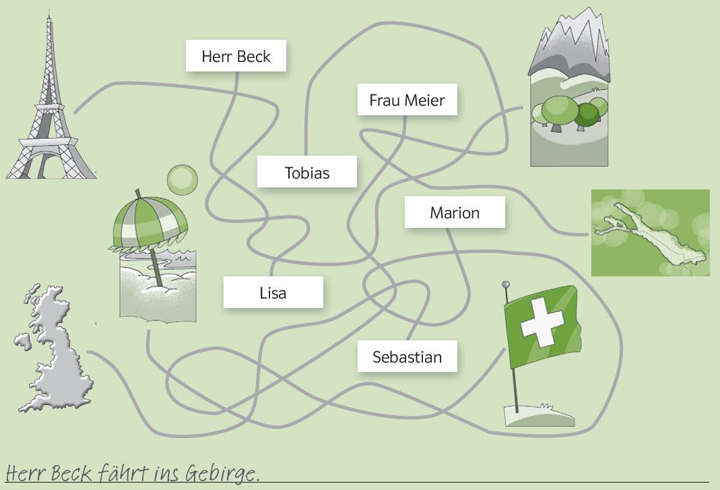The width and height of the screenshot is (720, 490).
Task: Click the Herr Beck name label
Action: (x=236, y=56)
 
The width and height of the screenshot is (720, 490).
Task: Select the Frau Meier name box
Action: (x=407, y=101)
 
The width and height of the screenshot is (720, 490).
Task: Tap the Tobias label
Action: (x=306, y=173)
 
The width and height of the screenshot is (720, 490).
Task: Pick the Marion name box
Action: (x=455, y=213)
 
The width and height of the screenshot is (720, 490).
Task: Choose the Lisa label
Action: (x=273, y=293)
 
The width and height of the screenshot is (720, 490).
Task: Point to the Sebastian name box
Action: (x=407, y=357)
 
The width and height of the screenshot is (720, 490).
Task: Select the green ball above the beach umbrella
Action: (x=182, y=179)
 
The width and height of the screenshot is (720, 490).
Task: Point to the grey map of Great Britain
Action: (x=53, y=350)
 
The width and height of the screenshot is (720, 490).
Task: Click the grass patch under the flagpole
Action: (x=539, y=415)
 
